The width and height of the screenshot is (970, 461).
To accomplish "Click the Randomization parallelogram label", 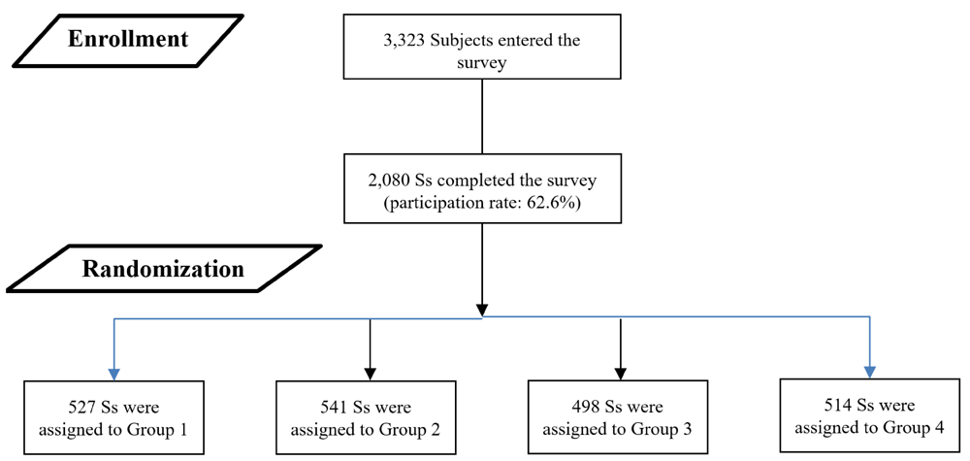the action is pos(164,267).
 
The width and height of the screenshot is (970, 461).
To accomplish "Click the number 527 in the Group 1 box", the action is pos(84,408).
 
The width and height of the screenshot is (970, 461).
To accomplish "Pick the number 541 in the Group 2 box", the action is pos(336,408).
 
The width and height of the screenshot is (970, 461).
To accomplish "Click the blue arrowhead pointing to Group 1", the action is pos(114,374).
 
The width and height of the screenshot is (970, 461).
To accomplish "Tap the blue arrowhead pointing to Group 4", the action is pos(870,372).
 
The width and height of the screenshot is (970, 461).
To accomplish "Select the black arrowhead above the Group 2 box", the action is pos(370,374).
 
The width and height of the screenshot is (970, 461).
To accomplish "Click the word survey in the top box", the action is pos(481,64).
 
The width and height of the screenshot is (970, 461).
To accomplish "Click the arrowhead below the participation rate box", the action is pos(481,310).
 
